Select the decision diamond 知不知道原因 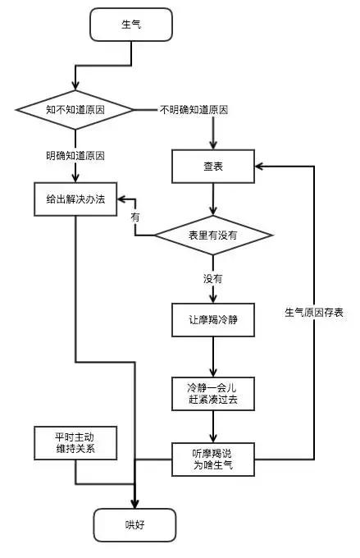tap(75, 109)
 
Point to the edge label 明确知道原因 tap(75, 155)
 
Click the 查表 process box tap(213, 167)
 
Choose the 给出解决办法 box tap(75, 199)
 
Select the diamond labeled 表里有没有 tap(213, 236)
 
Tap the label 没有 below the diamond tap(213, 279)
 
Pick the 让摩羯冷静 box tap(213, 319)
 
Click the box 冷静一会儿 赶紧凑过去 tap(213, 392)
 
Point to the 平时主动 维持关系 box tap(75, 443)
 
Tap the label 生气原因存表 tap(314, 313)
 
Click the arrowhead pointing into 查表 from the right tap(260, 167)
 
